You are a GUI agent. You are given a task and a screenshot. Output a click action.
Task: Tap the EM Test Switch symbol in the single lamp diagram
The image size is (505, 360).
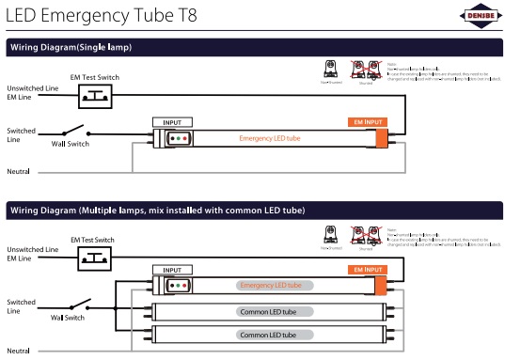pos(96,93)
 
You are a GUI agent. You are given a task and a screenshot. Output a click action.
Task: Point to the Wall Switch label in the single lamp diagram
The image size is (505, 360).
pos(71,144)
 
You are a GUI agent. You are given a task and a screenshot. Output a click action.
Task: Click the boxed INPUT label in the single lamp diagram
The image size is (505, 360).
pos(172,122)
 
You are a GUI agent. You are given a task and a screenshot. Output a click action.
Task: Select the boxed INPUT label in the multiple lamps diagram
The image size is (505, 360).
pos(172,270)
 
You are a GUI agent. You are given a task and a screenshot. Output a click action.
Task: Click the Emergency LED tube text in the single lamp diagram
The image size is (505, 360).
pos(270,138)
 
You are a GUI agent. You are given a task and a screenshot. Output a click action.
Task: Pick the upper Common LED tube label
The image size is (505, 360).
pos(268,311)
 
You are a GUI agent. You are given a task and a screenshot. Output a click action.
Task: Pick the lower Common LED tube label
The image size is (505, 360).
pos(268,335)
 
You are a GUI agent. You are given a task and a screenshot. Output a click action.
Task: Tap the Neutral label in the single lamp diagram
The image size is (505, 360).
pos(19,172)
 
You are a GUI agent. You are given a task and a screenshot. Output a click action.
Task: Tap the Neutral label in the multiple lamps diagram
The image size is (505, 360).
pos(19,351)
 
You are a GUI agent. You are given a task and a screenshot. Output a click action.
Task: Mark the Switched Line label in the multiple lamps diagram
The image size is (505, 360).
pos(21,306)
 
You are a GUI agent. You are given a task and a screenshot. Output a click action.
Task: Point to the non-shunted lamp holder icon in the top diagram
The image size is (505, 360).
pos(330,71)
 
